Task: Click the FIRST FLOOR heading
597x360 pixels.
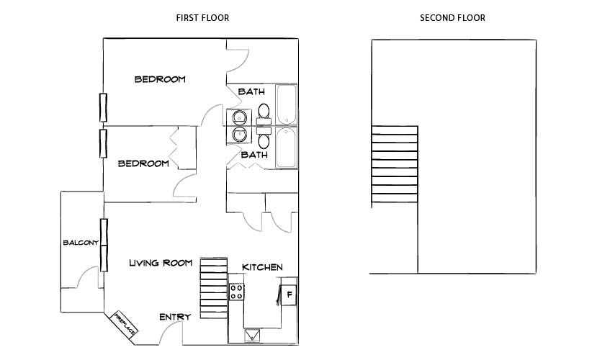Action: [x=202, y=18]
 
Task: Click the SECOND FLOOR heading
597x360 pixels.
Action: [x=452, y=18]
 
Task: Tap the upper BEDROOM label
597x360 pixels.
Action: [x=160, y=79]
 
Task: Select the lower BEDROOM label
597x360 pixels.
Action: [x=143, y=163]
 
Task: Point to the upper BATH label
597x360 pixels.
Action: [x=251, y=91]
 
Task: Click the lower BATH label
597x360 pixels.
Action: [x=254, y=155]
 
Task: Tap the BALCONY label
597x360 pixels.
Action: [x=80, y=243]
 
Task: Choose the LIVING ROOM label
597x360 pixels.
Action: [x=161, y=263]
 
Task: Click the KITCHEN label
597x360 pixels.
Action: [x=262, y=267]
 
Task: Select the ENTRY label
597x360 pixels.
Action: [x=175, y=317]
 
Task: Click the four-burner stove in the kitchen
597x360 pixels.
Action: [x=236, y=292]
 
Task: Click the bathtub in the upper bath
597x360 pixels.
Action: [x=287, y=105]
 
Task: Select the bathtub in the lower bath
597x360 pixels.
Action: [x=287, y=148]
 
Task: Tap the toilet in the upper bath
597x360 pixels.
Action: [x=264, y=112]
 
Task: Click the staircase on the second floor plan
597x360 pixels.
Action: [x=394, y=165]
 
